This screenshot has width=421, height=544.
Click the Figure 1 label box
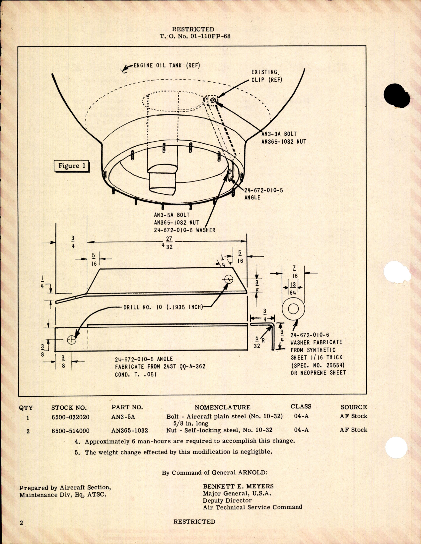(x=72, y=166)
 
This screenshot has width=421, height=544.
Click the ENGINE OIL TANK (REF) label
(x=167, y=65)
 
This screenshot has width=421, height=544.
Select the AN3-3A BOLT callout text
(x=279, y=134)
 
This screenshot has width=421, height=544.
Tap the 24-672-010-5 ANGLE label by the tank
(x=264, y=194)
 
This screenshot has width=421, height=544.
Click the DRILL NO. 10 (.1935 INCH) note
(x=163, y=307)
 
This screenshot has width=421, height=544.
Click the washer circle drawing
(x=293, y=309)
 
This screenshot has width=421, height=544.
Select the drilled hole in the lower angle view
(x=72, y=339)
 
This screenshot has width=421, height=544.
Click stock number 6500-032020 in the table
(x=70, y=417)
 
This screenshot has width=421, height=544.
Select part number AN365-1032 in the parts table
(x=129, y=431)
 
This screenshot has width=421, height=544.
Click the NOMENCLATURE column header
(x=222, y=407)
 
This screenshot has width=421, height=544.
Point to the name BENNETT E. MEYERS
(x=238, y=486)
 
